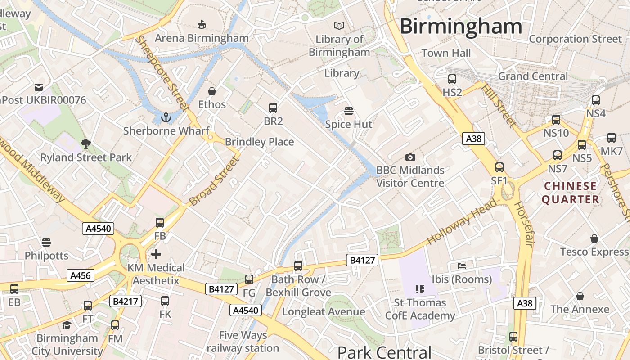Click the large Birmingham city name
[461, 26]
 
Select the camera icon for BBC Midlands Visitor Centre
[410, 157]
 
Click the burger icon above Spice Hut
[348, 111]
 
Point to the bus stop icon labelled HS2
[452, 79]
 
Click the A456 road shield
[81, 275]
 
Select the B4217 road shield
[126, 301]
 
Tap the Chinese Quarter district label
[571, 193]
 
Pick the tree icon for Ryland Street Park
[85, 144]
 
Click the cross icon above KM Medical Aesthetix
[156, 254]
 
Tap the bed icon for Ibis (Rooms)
[462, 265]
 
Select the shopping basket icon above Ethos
[212, 91]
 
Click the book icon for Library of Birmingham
[339, 26]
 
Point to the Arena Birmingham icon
[202, 24]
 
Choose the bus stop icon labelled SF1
[499, 167]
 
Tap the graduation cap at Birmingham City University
[67, 325]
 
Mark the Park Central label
[384, 352]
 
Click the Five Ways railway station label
[243, 342]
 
